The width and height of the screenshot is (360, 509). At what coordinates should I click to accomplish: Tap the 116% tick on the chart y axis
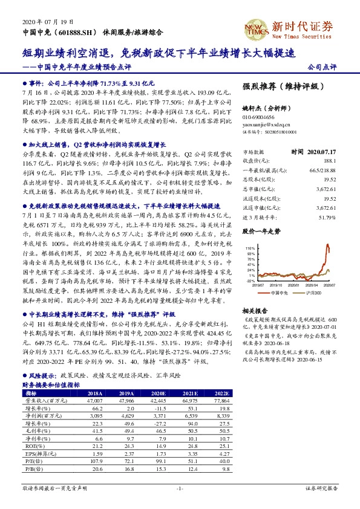point(250,248)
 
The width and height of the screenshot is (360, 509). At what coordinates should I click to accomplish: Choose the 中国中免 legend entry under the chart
point(280,292)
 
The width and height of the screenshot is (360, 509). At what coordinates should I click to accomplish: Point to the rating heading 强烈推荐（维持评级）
point(280,87)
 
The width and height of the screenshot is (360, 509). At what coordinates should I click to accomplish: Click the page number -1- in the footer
point(180,488)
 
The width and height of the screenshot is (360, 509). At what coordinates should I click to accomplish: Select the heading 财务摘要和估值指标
point(51,384)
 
